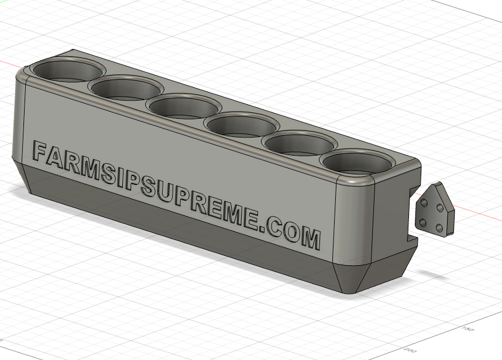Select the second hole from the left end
125,89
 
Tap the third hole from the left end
183,107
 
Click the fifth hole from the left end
298,143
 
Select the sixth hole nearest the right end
356,163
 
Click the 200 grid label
409,349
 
